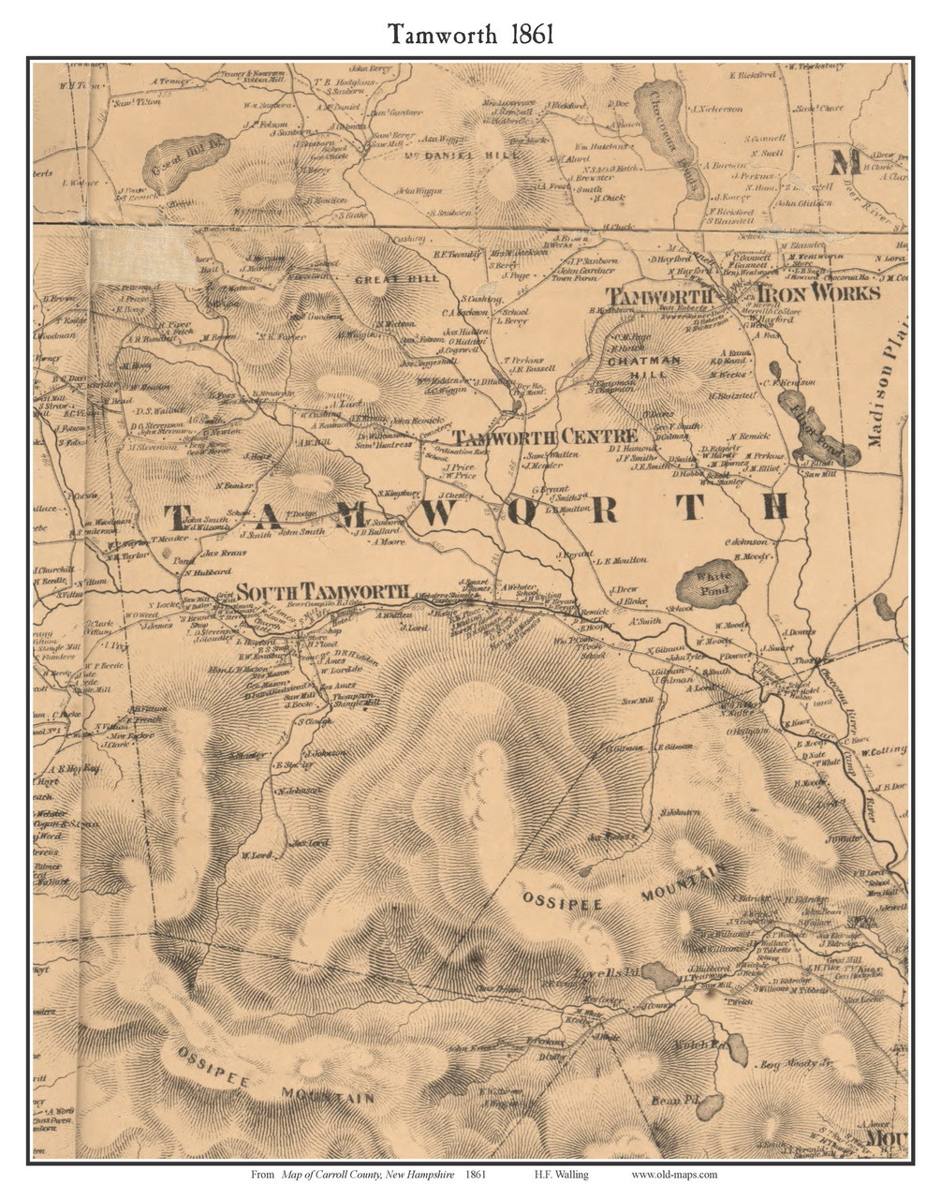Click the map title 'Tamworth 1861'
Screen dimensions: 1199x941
point(471,35)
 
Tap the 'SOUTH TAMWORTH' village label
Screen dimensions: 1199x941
point(322,592)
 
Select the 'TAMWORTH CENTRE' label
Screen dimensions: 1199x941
point(545,437)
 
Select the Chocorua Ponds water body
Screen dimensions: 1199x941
point(667,131)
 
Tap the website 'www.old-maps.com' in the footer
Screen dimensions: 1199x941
point(674,1175)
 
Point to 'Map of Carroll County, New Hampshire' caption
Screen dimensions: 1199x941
point(367,1175)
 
